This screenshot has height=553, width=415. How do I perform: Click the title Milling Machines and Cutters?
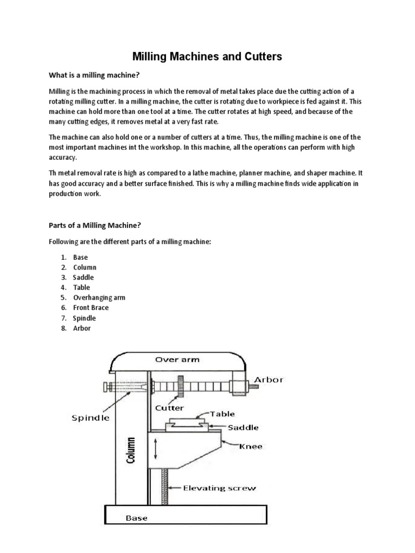point(207,57)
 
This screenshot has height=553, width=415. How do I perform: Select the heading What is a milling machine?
point(98,75)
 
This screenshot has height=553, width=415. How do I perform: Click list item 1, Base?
point(81,257)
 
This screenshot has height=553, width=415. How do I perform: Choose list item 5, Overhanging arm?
point(99,298)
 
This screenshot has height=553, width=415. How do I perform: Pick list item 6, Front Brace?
point(91,308)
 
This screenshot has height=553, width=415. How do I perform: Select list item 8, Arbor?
point(82,328)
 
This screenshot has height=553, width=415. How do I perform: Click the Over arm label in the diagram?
point(177,360)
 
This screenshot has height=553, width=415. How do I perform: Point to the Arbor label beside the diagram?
point(269,379)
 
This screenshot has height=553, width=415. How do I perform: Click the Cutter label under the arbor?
point(169,408)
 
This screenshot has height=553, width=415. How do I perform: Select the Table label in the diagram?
point(222,414)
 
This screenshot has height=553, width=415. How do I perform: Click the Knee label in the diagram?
point(251,447)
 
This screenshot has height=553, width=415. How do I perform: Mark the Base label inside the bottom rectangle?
point(136,517)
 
